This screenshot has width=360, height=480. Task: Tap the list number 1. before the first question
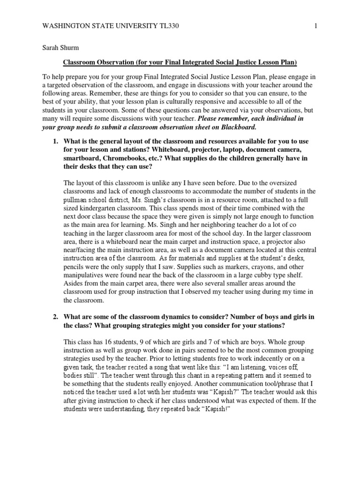pos(55,141)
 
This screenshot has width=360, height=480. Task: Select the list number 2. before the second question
pos(55,317)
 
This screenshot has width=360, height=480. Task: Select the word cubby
pos(259,275)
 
